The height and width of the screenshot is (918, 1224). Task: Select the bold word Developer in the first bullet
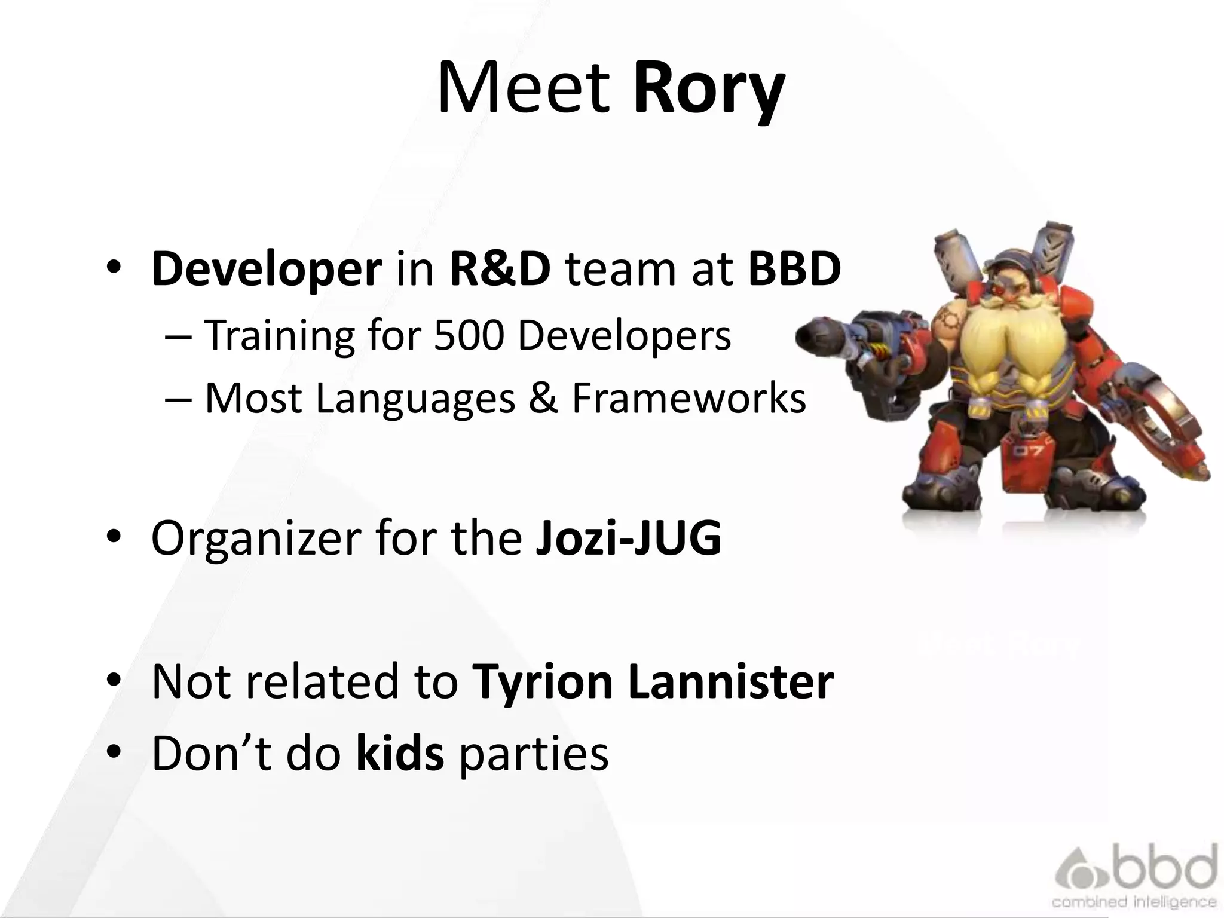(x=267, y=269)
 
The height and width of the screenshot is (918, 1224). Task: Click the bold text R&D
(x=500, y=269)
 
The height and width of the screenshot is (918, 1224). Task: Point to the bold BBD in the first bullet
(x=794, y=269)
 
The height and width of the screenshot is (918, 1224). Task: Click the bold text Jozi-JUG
(x=628, y=538)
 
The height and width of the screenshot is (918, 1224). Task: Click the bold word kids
(x=400, y=753)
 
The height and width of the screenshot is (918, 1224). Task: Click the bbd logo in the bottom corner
(x=1136, y=875)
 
